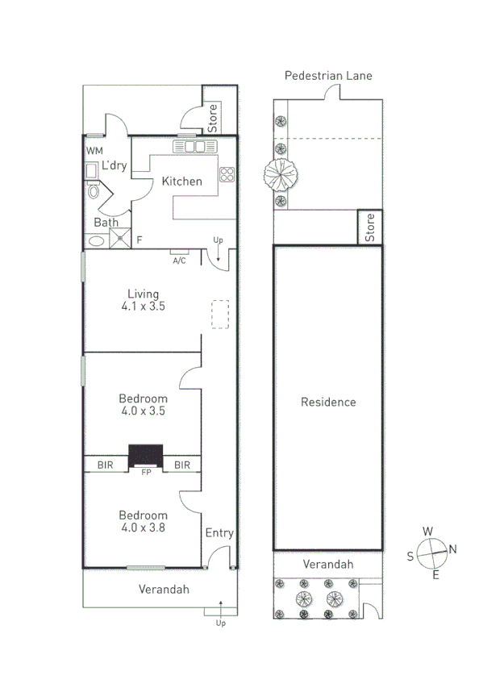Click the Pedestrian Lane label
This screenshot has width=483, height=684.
coord(328,76)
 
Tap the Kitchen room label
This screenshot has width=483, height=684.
coord(182,181)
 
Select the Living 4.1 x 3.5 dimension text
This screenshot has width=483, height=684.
coord(143,307)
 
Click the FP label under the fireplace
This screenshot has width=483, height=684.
coord(146,473)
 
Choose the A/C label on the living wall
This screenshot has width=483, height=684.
coord(179,260)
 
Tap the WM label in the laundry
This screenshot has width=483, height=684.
coord(94,150)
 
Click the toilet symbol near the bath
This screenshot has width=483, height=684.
coord(93,191)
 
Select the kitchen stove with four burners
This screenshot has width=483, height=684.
coord(227,173)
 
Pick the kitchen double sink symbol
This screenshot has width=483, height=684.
coord(195,147)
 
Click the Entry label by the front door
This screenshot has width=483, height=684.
coord(219,533)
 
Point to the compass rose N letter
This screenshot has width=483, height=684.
coord(452,549)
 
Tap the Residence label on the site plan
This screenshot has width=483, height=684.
coord(328,402)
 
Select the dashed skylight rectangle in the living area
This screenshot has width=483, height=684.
coord(219,315)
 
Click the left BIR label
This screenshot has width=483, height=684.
coord(106,465)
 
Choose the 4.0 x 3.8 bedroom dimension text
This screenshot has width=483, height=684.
coord(143,529)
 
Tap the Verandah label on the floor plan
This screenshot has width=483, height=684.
coord(163,590)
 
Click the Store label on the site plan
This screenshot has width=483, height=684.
coord(370,227)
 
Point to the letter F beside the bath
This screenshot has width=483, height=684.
coord(139,240)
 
